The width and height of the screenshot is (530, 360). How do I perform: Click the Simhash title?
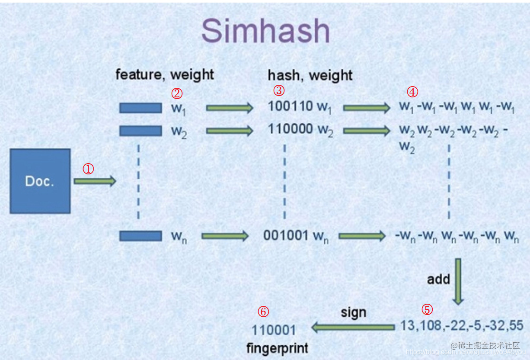(265, 31)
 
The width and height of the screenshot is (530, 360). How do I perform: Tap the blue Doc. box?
(40, 181)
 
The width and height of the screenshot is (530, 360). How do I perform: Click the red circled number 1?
(88, 169)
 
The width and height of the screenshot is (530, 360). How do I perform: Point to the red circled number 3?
(279, 90)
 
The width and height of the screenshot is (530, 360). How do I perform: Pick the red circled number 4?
(413, 92)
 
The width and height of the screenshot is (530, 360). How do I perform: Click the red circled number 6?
(263, 312)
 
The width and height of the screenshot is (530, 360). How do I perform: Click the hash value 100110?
(291, 106)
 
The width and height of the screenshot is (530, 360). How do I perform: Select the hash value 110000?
(291, 129)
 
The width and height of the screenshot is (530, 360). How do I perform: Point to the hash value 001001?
(286, 235)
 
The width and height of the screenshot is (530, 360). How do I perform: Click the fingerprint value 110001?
(274, 330)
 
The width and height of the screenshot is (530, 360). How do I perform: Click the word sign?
(353, 312)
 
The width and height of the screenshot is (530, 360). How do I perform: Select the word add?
(438, 279)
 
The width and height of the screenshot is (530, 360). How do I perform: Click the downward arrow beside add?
(458, 281)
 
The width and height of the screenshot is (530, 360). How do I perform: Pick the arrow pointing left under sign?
(353, 328)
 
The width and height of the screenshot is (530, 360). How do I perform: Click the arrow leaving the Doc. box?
(95, 181)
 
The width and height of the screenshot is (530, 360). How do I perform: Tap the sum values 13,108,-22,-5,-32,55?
(461, 325)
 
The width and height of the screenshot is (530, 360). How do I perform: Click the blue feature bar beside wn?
(140, 236)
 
